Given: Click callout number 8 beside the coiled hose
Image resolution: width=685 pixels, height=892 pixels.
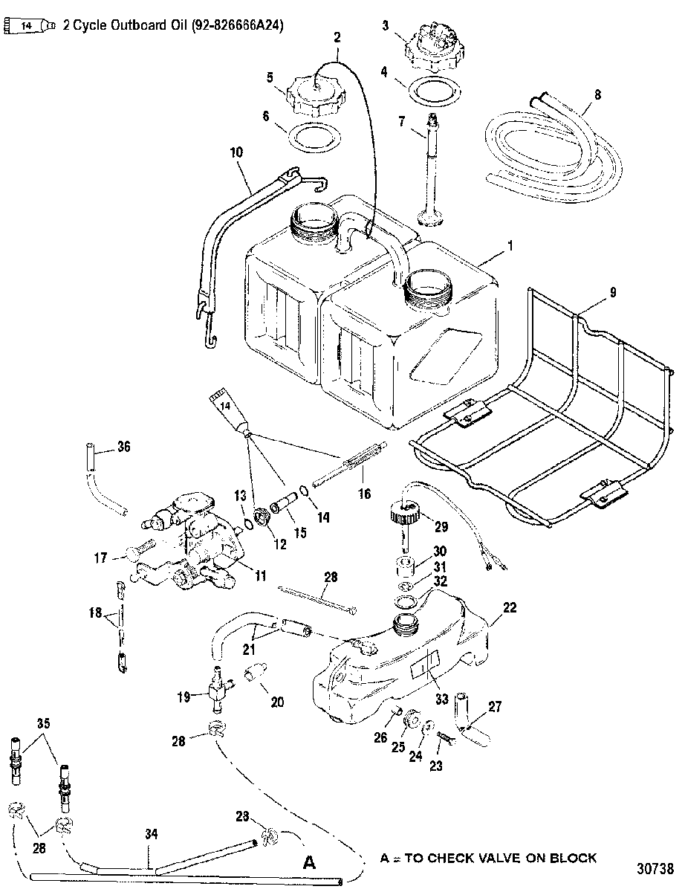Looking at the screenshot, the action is tap(597, 95).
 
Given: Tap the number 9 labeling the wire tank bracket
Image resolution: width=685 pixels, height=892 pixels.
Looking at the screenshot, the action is tap(612, 292).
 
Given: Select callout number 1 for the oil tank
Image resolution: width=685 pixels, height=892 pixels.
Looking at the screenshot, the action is tap(510, 246).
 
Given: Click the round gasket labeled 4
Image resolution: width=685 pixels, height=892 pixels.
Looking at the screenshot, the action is tap(435, 93).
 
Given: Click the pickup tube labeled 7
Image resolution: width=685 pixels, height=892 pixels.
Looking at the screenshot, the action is tap(431, 168).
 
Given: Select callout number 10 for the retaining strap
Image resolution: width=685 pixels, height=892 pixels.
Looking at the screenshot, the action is tap(236, 152).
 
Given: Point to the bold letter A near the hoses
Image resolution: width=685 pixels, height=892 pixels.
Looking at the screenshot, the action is tap(309, 862).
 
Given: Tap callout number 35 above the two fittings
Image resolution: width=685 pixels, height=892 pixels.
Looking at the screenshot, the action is tap(44, 723).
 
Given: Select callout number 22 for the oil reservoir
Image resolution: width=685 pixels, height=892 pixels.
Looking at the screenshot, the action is tap(510, 607).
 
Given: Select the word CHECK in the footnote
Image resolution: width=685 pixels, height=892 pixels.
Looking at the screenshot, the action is tap(431, 859).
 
